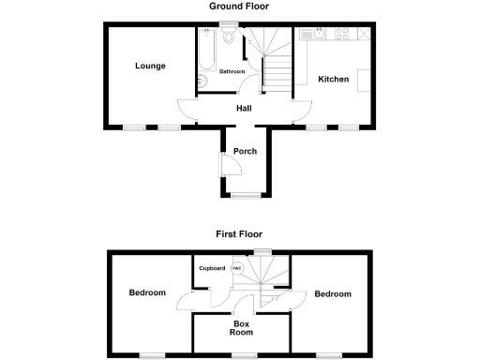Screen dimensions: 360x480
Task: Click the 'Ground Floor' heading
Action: click(240, 6)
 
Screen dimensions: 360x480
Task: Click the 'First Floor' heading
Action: click(240, 233)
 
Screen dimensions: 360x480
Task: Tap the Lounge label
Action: click(150, 66)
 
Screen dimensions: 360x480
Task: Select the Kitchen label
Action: click(333, 80)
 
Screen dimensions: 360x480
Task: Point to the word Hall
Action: click(244, 109)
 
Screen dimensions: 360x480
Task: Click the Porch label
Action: click(246, 153)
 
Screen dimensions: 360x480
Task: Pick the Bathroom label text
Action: click(232, 72)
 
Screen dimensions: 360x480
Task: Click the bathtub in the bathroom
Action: click(206, 49)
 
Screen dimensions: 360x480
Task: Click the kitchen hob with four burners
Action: click(343, 35)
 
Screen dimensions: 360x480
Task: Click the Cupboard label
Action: click(211, 268)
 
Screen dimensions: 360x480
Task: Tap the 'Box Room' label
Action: click(243, 327)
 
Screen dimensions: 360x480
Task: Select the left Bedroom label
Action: click(147, 293)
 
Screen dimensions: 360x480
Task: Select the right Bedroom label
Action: click(333, 294)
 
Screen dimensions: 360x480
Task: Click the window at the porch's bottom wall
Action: click(246, 195)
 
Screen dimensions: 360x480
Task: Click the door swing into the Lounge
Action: click(187, 111)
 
